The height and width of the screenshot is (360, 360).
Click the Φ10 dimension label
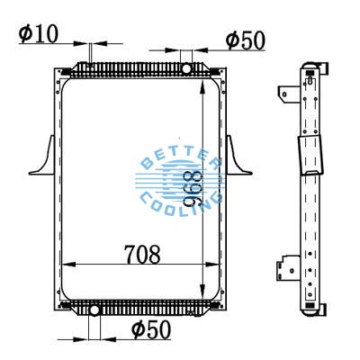coord(38,35)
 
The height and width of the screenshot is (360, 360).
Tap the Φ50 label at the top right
coord(246,40)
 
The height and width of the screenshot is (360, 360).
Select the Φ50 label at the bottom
coord(150,329)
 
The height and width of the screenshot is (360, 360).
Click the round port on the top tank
coord(186,68)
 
